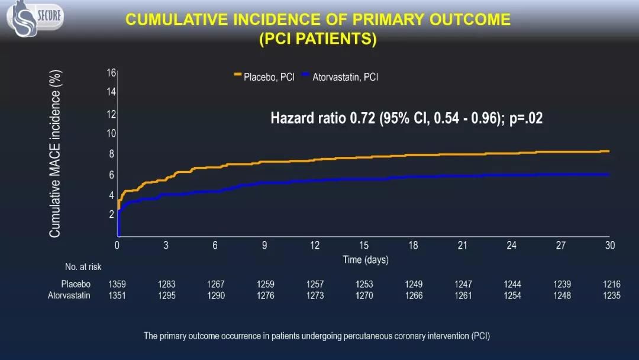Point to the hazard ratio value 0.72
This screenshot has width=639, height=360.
[362, 118]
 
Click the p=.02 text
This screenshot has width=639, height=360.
[525, 118]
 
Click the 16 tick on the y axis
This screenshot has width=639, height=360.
[111, 73]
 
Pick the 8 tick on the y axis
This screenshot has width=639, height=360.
[111, 154]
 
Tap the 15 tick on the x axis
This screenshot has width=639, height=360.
[364, 246]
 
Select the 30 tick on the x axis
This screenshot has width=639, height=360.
[609, 246]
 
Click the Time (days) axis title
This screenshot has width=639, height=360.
[366, 260]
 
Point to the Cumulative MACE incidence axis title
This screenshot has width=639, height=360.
[55, 154]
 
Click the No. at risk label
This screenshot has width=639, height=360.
[83, 267]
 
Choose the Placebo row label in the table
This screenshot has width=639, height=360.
[76, 284]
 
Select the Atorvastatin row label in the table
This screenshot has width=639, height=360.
[69, 295]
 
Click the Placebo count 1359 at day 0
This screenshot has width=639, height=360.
[117, 284]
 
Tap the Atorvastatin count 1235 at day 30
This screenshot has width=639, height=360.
[612, 295]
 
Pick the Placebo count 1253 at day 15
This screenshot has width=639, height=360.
[364, 284]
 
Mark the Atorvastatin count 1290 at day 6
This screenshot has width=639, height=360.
[216, 295]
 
